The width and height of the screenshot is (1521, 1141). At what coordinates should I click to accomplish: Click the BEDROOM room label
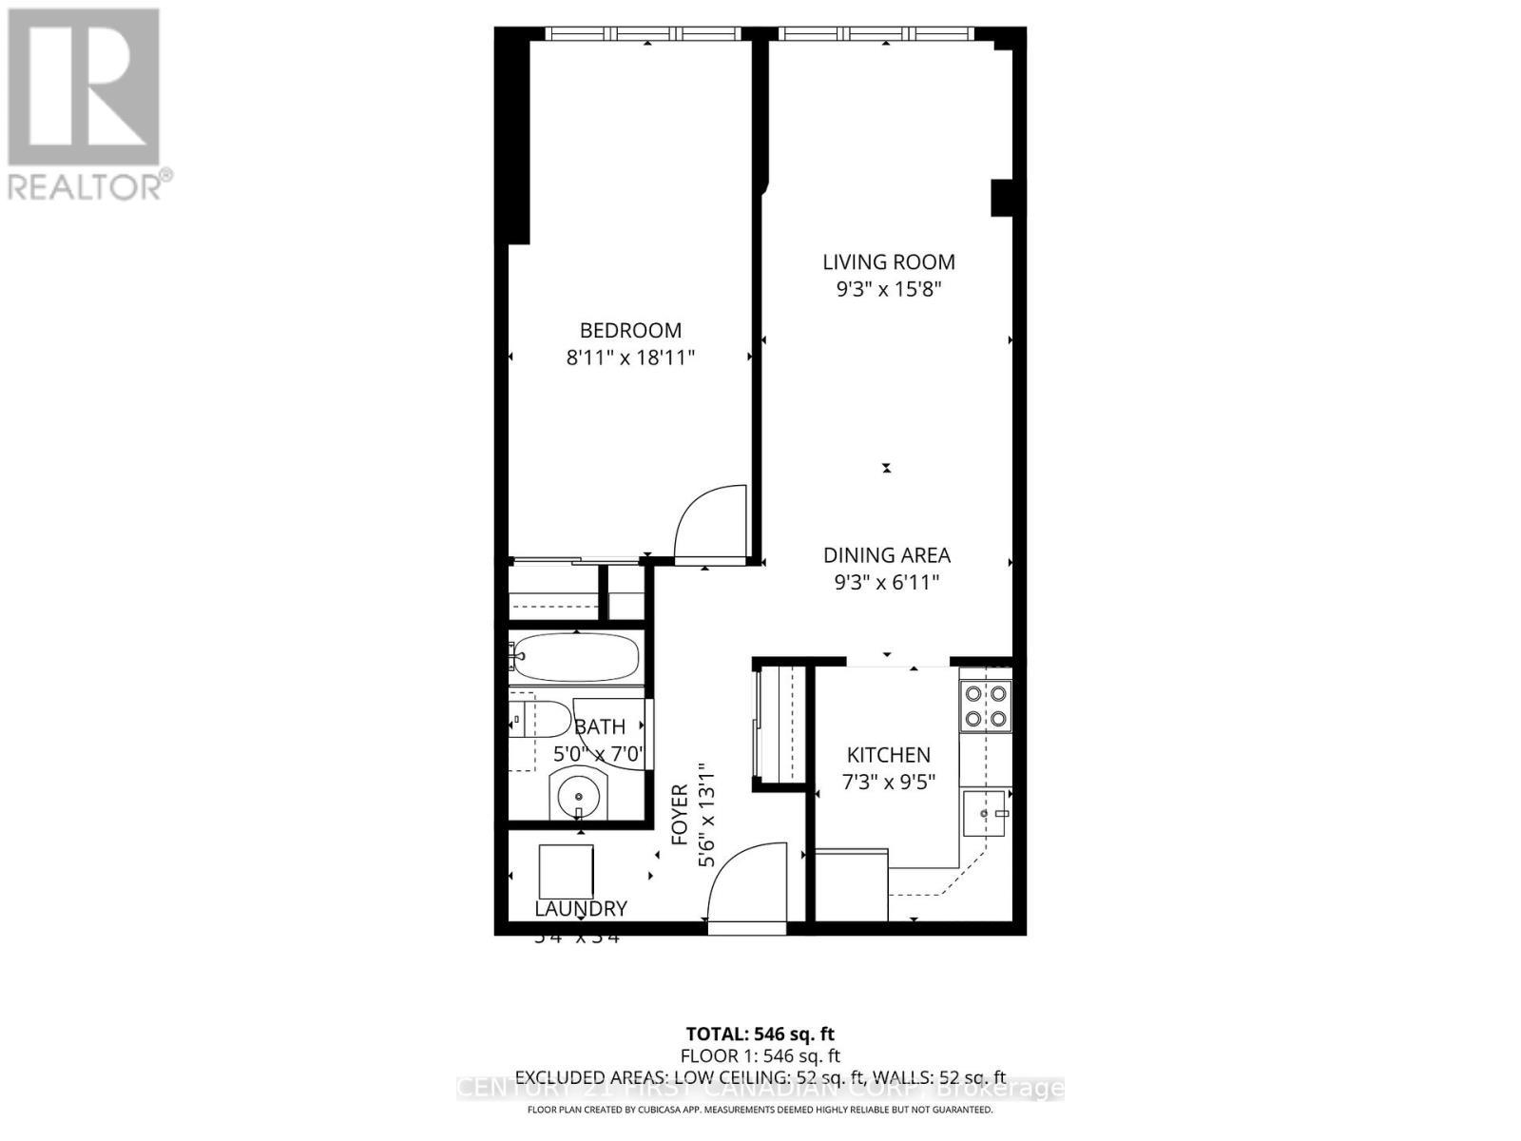tap(630, 330)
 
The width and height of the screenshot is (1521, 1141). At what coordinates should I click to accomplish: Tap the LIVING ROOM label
tap(888, 261)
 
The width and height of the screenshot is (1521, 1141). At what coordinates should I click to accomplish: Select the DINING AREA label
tap(886, 555)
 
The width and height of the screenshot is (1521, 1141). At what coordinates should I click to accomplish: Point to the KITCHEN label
tap(888, 755)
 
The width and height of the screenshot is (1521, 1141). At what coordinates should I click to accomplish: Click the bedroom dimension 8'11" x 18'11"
tap(630, 358)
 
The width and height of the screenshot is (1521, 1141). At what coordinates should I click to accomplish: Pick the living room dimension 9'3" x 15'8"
tap(888, 289)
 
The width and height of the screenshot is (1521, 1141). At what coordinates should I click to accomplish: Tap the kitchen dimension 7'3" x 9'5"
tap(888, 783)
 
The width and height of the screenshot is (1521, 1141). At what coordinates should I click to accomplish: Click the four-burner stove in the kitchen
tap(985, 706)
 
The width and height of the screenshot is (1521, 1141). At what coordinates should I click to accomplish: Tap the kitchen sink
tap(984, 814)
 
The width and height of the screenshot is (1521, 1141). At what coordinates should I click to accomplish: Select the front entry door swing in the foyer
tap(747, 880)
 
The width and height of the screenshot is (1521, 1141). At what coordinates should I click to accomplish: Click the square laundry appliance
tap(566, 871)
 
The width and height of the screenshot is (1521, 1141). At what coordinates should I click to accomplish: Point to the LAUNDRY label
tap(580, 909)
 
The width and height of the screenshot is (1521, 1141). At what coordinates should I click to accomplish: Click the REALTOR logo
tap(85, 104)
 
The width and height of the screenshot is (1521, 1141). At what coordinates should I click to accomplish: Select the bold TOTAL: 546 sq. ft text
tap(760, 1034)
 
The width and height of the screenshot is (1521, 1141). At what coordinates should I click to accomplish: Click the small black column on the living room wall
tap(1002, 198)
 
